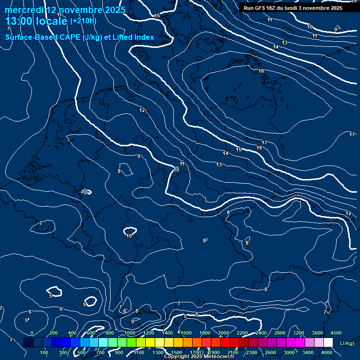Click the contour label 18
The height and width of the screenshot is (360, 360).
(x=261, y=71)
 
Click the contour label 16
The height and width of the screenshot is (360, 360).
(x=259, y=148)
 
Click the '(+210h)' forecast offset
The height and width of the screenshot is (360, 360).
(x=83, y=21)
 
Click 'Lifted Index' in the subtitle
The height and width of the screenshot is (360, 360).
(x=133, y=37)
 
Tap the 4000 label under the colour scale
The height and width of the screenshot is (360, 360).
(x=327, y=352)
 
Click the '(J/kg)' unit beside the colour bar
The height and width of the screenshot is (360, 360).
(x=346, y=343)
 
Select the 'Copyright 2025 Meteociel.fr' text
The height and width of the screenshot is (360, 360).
(x=199, y=357)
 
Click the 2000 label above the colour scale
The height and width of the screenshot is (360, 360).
(x=224, y=333)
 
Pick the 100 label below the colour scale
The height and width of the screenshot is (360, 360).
(x=45, y=352)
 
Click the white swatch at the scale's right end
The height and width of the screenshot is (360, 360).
(x=328, y=343)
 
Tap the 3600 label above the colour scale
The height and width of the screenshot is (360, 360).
(x=317, y=333)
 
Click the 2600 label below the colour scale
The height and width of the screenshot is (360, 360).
(x=270, y=352)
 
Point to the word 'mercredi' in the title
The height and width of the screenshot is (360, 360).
(x=23, y=10)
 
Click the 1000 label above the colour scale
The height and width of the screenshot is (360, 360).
(x=129, y=333)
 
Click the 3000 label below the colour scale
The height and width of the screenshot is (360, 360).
(x=289, y=352)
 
